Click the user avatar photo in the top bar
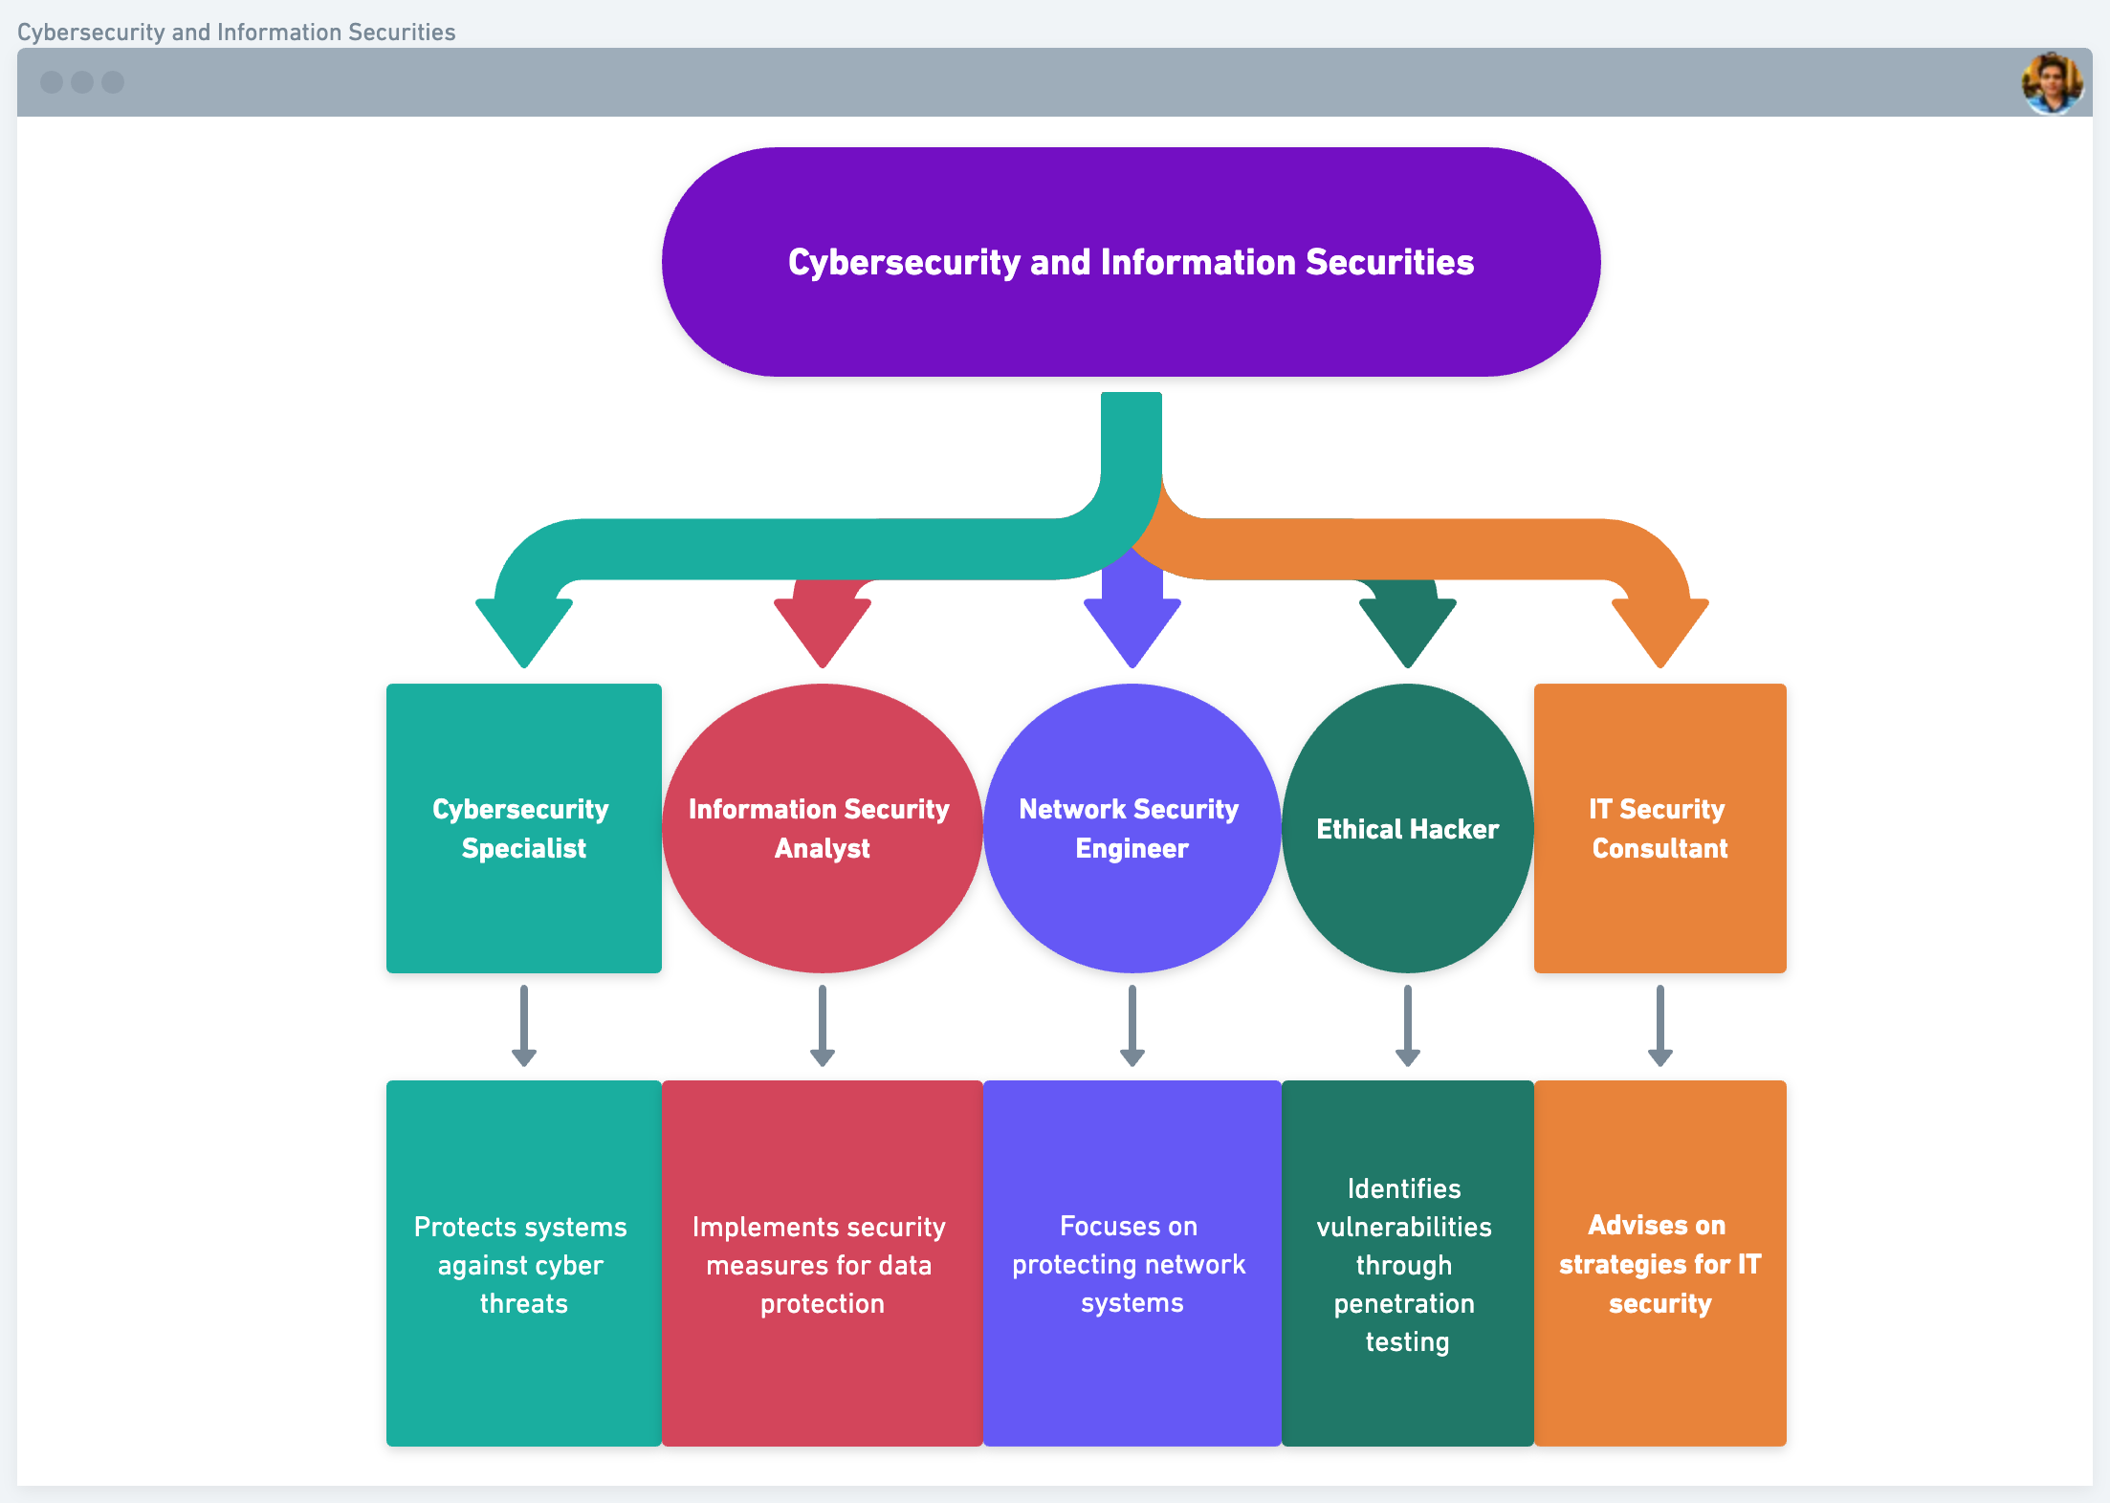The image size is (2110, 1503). [2052, 83]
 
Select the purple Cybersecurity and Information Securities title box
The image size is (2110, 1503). [1131, 262]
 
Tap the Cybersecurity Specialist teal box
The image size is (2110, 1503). [523, 828]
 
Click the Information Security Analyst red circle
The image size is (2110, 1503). [822, 828]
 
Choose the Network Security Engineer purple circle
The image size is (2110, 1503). [1132, 828]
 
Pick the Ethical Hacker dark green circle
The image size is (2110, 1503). [1407, 828]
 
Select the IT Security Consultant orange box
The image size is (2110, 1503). [1659, 828]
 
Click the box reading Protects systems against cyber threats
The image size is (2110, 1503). [523, 1263]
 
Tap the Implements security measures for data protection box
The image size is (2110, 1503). [822, 1263]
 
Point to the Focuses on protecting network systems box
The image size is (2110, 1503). [1132, 1263]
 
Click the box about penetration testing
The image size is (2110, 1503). [1407, 1263]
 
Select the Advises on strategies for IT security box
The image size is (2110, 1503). [1659, 1263]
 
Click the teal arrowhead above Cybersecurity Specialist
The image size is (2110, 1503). [524, 626]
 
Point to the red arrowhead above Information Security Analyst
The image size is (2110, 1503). [823, 626]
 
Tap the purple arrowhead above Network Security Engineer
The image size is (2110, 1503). [1132, 626]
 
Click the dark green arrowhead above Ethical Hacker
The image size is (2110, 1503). [1408, 626]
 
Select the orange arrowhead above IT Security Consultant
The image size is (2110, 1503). [1660, 626]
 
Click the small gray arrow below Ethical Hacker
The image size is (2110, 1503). [1407, 1026]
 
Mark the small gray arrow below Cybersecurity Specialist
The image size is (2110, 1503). [523, 1026]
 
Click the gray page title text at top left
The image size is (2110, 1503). [236, 32]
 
